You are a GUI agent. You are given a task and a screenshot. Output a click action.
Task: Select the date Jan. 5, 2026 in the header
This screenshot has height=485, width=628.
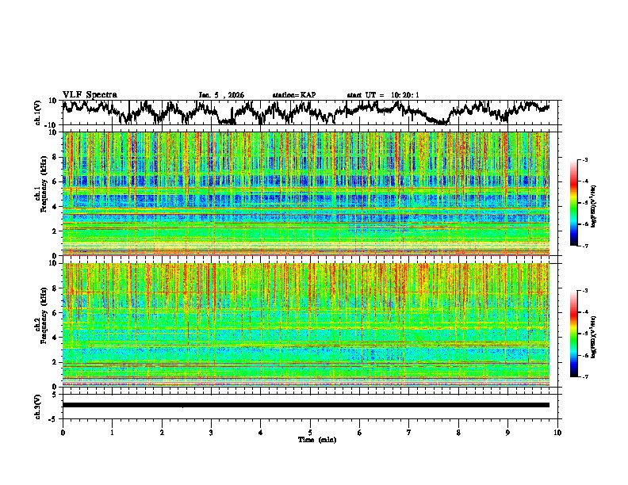point(221,95)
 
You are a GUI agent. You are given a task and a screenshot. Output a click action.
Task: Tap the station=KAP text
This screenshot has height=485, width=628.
point(294,95)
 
